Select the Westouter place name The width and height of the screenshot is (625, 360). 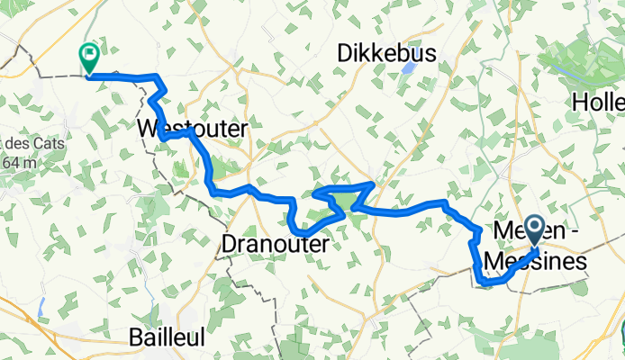click(193, 130)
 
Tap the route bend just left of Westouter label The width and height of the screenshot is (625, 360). click(162, 135)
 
